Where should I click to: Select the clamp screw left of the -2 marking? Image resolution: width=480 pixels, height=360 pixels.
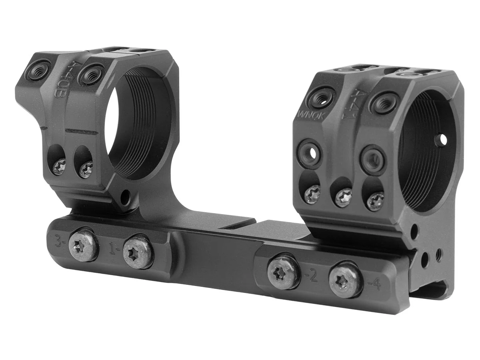coord(284,273)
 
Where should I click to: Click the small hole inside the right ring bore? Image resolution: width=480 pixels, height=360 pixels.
coord(442,140)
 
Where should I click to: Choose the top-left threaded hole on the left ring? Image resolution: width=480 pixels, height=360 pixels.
coord(38,70)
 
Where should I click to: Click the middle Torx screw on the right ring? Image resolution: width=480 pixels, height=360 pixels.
coord(343,197)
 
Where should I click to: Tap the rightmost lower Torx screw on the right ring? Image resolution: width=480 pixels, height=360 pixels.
coord(376,201)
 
